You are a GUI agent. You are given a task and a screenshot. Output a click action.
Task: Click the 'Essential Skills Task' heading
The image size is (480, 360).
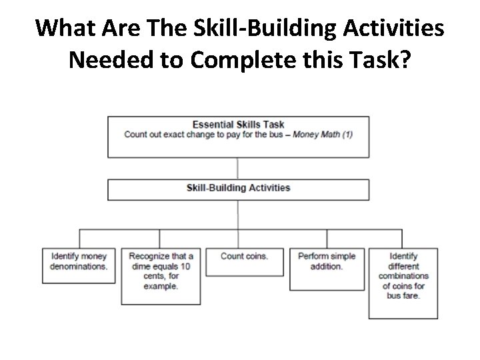(238, 124)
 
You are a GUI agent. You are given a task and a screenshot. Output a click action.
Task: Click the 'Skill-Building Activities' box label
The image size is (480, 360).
(238, 187)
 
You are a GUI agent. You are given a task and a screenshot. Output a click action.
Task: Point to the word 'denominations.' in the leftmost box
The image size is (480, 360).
(78, 266)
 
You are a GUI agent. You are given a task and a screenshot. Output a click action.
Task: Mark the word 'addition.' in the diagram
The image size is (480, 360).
(327, 266)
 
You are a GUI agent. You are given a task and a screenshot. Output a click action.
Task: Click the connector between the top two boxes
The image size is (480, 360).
(238, 168)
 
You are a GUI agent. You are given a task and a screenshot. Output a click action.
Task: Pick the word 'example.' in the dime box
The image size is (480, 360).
(161, 286)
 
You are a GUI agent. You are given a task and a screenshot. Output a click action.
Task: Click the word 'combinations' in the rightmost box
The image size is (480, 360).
(403, 275)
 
